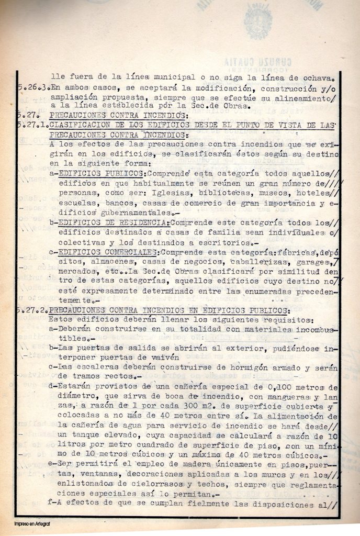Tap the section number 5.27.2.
click(x=33, y=310)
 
